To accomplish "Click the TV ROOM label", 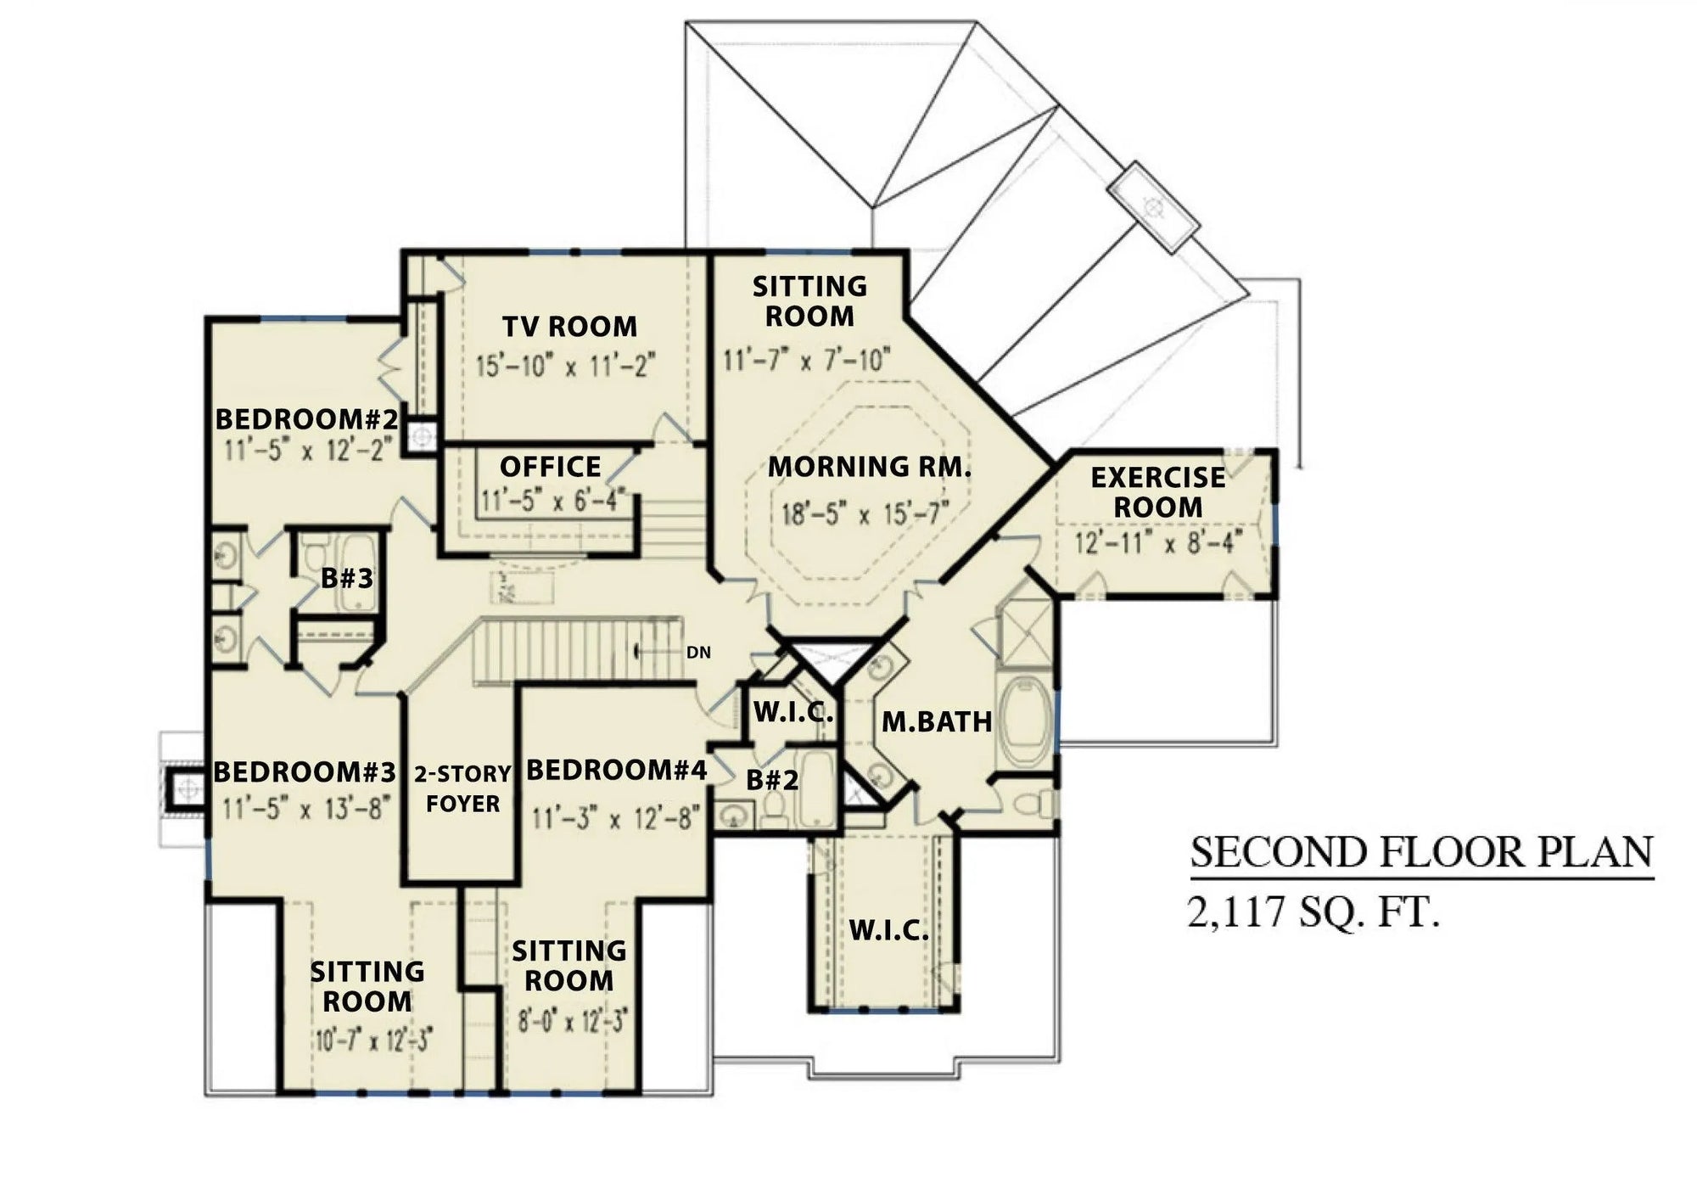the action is coord(569,327).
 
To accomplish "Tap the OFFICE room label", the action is coord(550,467).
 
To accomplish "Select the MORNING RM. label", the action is coord(870,467).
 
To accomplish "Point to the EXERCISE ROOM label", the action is coord(1157,492).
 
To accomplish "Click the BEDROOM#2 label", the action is coord(306,419).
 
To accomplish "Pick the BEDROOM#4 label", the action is coord(617,771).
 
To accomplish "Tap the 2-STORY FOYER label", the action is coord(462,788).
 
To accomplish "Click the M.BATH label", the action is coord(937,722).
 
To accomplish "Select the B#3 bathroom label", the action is coord(346,579).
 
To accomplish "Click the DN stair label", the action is coord(698,653).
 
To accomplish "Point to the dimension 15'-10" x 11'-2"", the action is coord(566,366).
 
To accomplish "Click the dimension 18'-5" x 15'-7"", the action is coord(865,513).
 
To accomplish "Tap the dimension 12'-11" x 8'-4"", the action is coord(1158,541).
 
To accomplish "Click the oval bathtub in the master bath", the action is coord(1025,721).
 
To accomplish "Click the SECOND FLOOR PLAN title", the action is coord(1422,852).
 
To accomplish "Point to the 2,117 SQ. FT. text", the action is coord(1313,913).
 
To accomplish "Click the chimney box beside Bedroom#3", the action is coord(186,789).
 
